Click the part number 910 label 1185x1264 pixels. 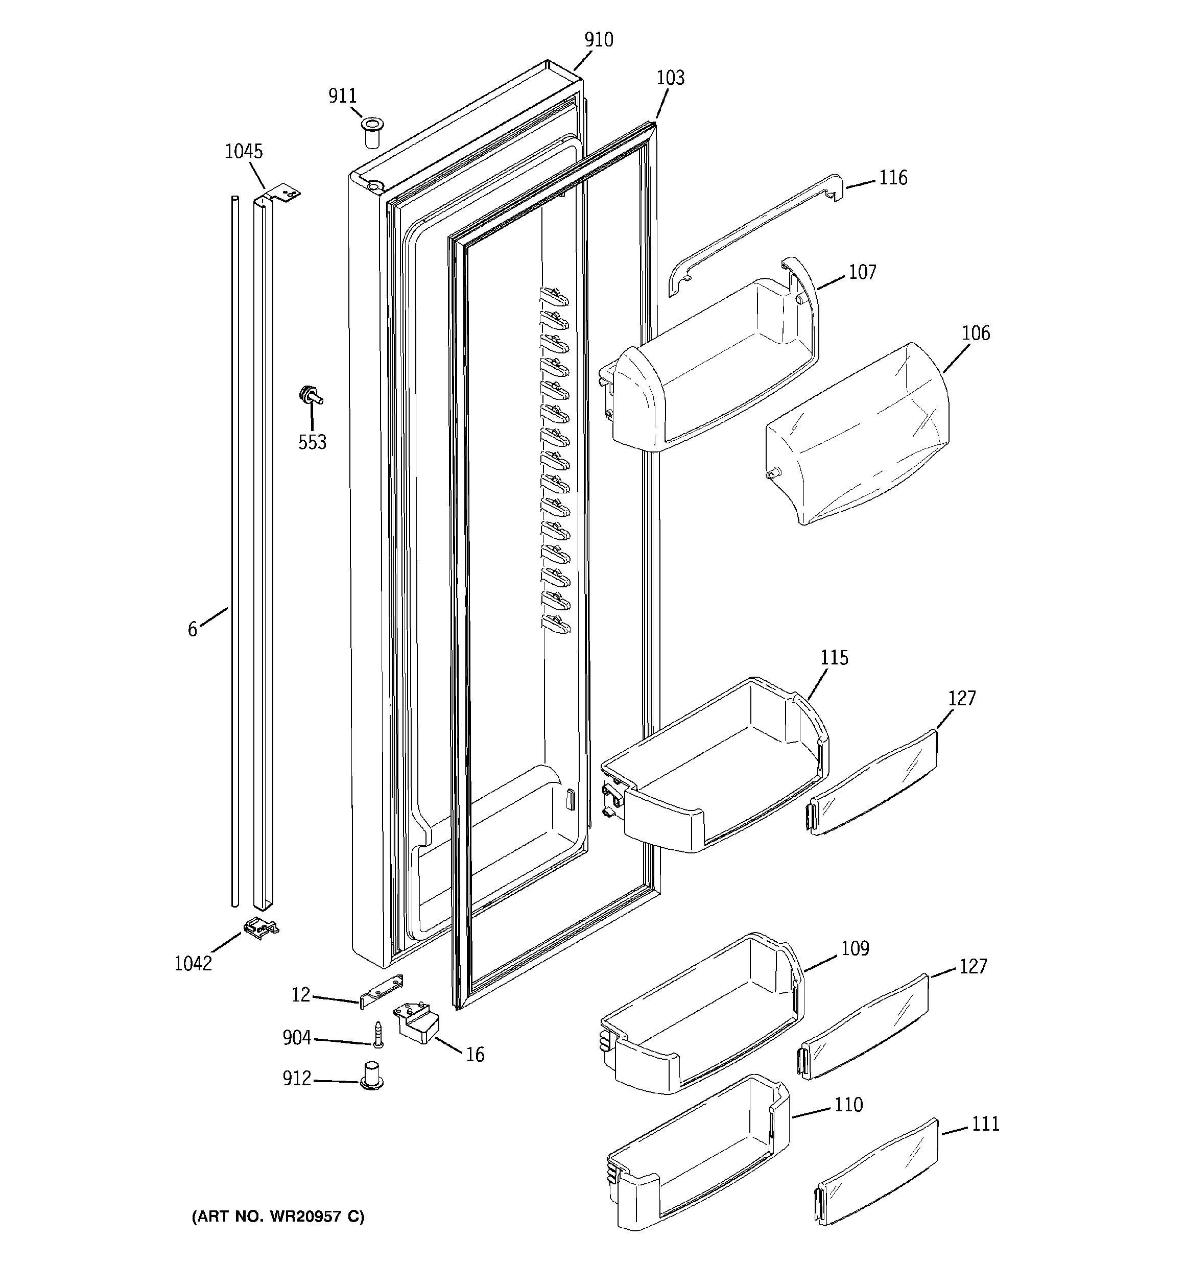(599, 40)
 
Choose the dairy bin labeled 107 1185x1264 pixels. (713, 375)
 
